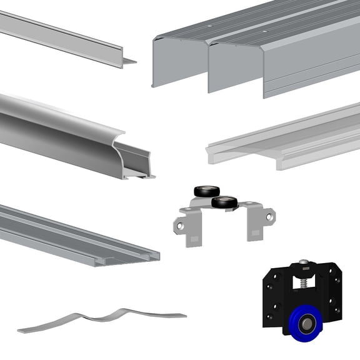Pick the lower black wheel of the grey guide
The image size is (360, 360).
pyautogui.click(x=224, y=202)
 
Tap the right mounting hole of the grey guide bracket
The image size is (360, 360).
pyautogui.click(x=269, y=217)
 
